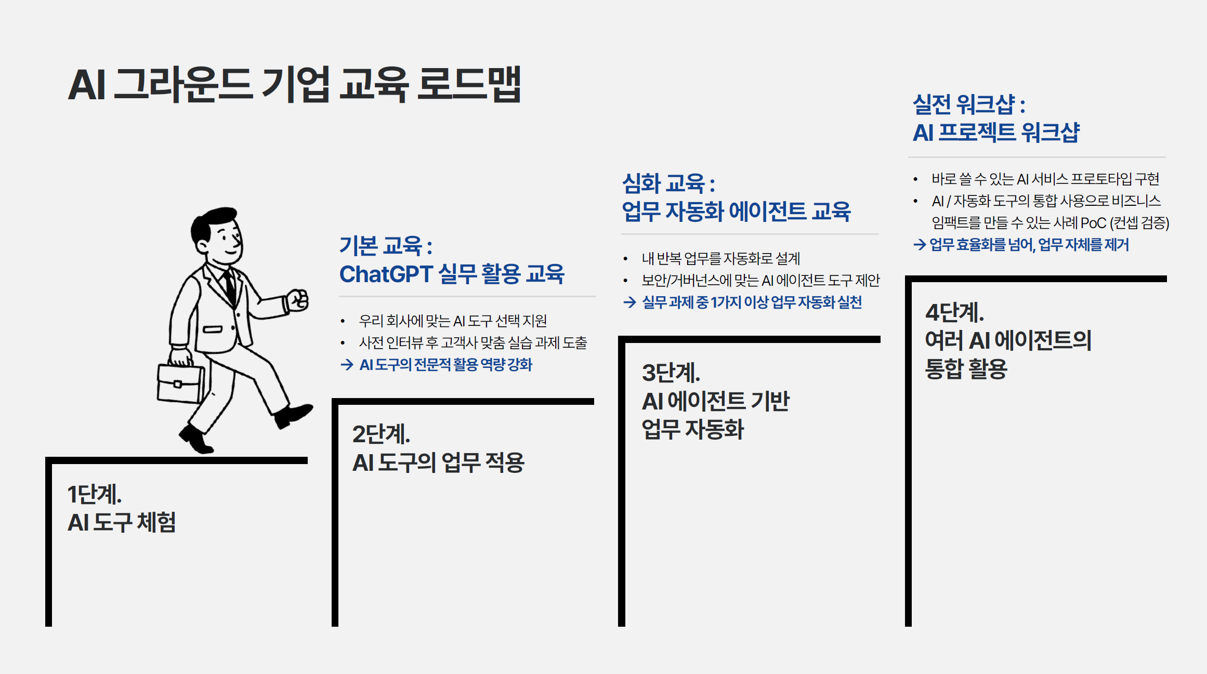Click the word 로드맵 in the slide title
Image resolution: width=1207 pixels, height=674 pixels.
click(x=468, y=84)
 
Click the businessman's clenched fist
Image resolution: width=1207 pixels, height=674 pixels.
click(x=298, y=300)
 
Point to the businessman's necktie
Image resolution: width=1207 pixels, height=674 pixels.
click(x=229, y=286)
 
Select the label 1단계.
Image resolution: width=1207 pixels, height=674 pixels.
click(x=94, y=494)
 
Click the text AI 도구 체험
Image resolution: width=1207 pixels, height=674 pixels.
click(x=122, y=522)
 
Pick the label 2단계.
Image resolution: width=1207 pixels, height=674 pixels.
click(x=381, y=434)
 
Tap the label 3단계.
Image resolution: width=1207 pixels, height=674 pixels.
click(x=671, y=373)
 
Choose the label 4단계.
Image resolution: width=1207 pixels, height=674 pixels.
click(x=954, y=312)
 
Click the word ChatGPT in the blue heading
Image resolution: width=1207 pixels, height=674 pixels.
click(x=386, y=274)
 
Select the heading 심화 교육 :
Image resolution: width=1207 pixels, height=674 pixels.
click(x=668, y=183)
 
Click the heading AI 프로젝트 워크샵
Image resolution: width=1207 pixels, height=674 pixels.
click(x=996, y=132)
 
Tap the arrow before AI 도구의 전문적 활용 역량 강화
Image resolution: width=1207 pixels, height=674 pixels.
click(x=347, y=365)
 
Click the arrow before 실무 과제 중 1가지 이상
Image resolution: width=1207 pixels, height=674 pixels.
click(x=629, y=302)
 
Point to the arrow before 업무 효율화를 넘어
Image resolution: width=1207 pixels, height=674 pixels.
click(x=919, y=245)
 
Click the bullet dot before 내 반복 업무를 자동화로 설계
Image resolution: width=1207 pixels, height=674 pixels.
click(x=625, y=259)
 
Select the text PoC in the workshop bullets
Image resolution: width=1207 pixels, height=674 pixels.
click(x=1093, y=223)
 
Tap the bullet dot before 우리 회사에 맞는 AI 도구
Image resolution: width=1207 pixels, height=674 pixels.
click(x=343, y=321)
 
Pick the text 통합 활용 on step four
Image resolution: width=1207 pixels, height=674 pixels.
click(x=966, y=369)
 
